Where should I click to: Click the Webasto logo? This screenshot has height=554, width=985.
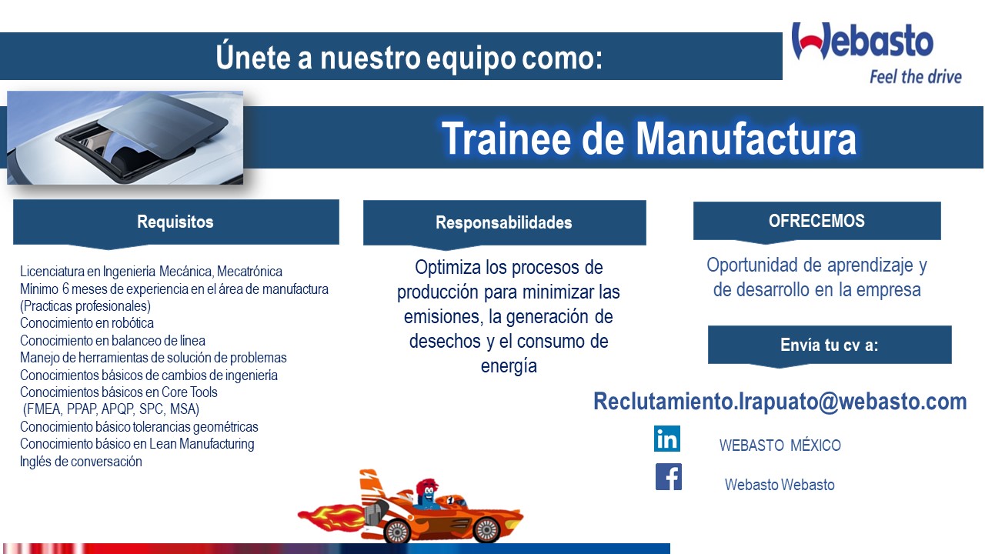[x=863, y=41]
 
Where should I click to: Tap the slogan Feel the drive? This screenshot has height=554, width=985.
[x=916, y=77]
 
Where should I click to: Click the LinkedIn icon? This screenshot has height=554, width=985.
[x=666, y=439]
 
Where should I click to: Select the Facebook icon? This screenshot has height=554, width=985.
[x=669, y=476]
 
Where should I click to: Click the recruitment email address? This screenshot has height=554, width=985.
[x=780, y=402]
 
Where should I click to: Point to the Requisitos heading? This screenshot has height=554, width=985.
[x=175, y=222]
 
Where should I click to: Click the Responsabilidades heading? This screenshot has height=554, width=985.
[x=504, y=222]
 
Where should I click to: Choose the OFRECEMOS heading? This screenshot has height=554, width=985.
[x=816, y=221]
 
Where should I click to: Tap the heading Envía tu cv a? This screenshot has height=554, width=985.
[x=830, y=345]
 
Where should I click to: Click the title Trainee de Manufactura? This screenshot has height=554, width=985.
[x=649, y=138]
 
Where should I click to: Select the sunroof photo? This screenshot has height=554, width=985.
[x=125, y=138]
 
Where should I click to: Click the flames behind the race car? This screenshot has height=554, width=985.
[x=331, y=519]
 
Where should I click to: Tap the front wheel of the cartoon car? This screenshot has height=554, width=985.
[x=486, y=529]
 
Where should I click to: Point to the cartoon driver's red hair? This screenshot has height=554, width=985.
[x=426, y=486]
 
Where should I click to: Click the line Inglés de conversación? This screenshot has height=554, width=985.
[x=81, y=462]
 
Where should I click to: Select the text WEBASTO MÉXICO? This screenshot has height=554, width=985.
[x=780, y=446]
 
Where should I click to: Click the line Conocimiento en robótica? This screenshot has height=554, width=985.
[x=87, y=323]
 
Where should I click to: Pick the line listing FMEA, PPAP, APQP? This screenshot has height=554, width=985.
[x=112, y=409]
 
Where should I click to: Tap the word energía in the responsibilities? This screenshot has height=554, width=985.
[x=509, y=366]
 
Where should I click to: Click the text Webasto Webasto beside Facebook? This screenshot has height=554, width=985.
[x=780, y=485]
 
